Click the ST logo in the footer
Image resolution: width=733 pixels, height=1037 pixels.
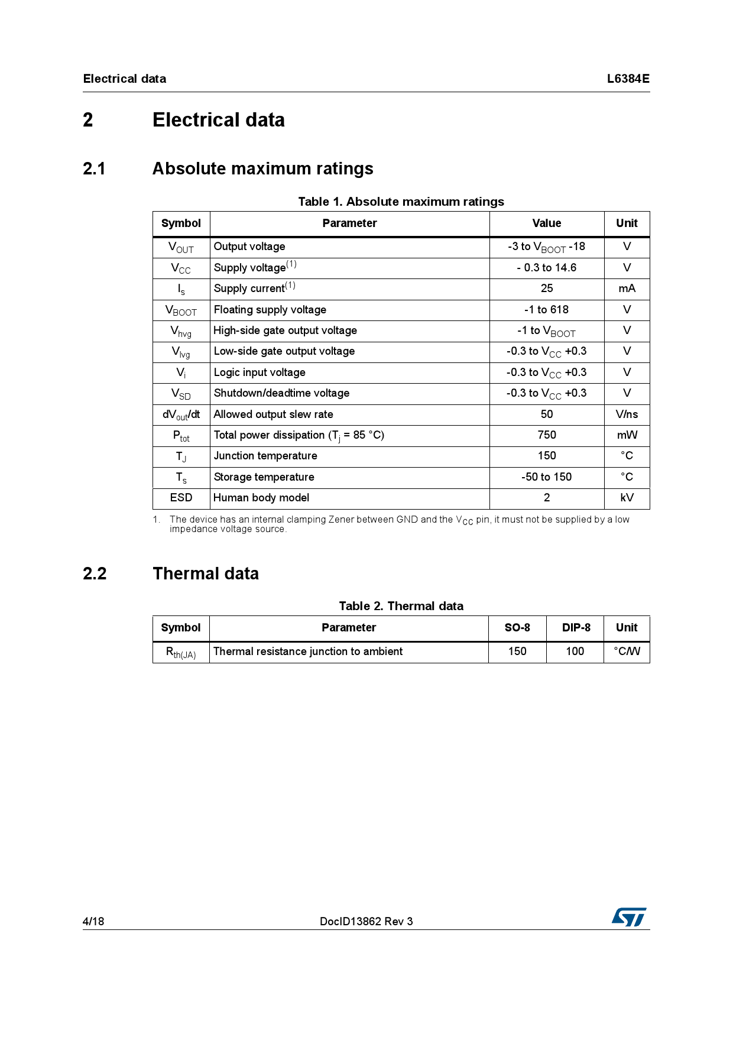tap(629, 917)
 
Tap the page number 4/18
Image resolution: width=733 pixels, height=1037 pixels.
tap(93, 921)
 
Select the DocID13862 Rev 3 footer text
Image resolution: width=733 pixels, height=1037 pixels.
tap(366, 921)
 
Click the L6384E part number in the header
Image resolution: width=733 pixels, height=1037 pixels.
tap(628, 79)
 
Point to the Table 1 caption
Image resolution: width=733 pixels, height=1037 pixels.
tap(401, 202)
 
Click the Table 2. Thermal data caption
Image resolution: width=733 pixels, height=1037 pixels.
tap(401, 606)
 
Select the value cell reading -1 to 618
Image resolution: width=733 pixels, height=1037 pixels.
tap(546, 310)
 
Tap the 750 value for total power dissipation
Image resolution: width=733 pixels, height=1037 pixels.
tap(546, 435)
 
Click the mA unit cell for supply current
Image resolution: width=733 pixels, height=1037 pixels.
tap(627, 289)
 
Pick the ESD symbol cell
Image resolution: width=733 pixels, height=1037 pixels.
tap(181, 498)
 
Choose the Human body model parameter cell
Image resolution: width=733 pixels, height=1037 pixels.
tap(261, 498)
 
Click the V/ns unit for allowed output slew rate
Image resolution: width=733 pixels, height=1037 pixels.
tap(627, 414)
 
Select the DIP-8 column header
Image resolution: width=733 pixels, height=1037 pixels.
tap(576, 628)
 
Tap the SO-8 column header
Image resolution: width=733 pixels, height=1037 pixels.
tap(517, 628)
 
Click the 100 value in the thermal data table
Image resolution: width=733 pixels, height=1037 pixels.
tap(575, 652)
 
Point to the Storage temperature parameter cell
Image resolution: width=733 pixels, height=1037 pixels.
tap(264, 477)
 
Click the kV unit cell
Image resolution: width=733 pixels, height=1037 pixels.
tap(627, 498)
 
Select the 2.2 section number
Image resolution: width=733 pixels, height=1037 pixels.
tap(95, 573)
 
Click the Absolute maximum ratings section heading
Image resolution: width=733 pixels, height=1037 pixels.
tap(262, 168)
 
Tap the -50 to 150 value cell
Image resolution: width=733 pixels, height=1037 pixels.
tap(546, 477)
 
